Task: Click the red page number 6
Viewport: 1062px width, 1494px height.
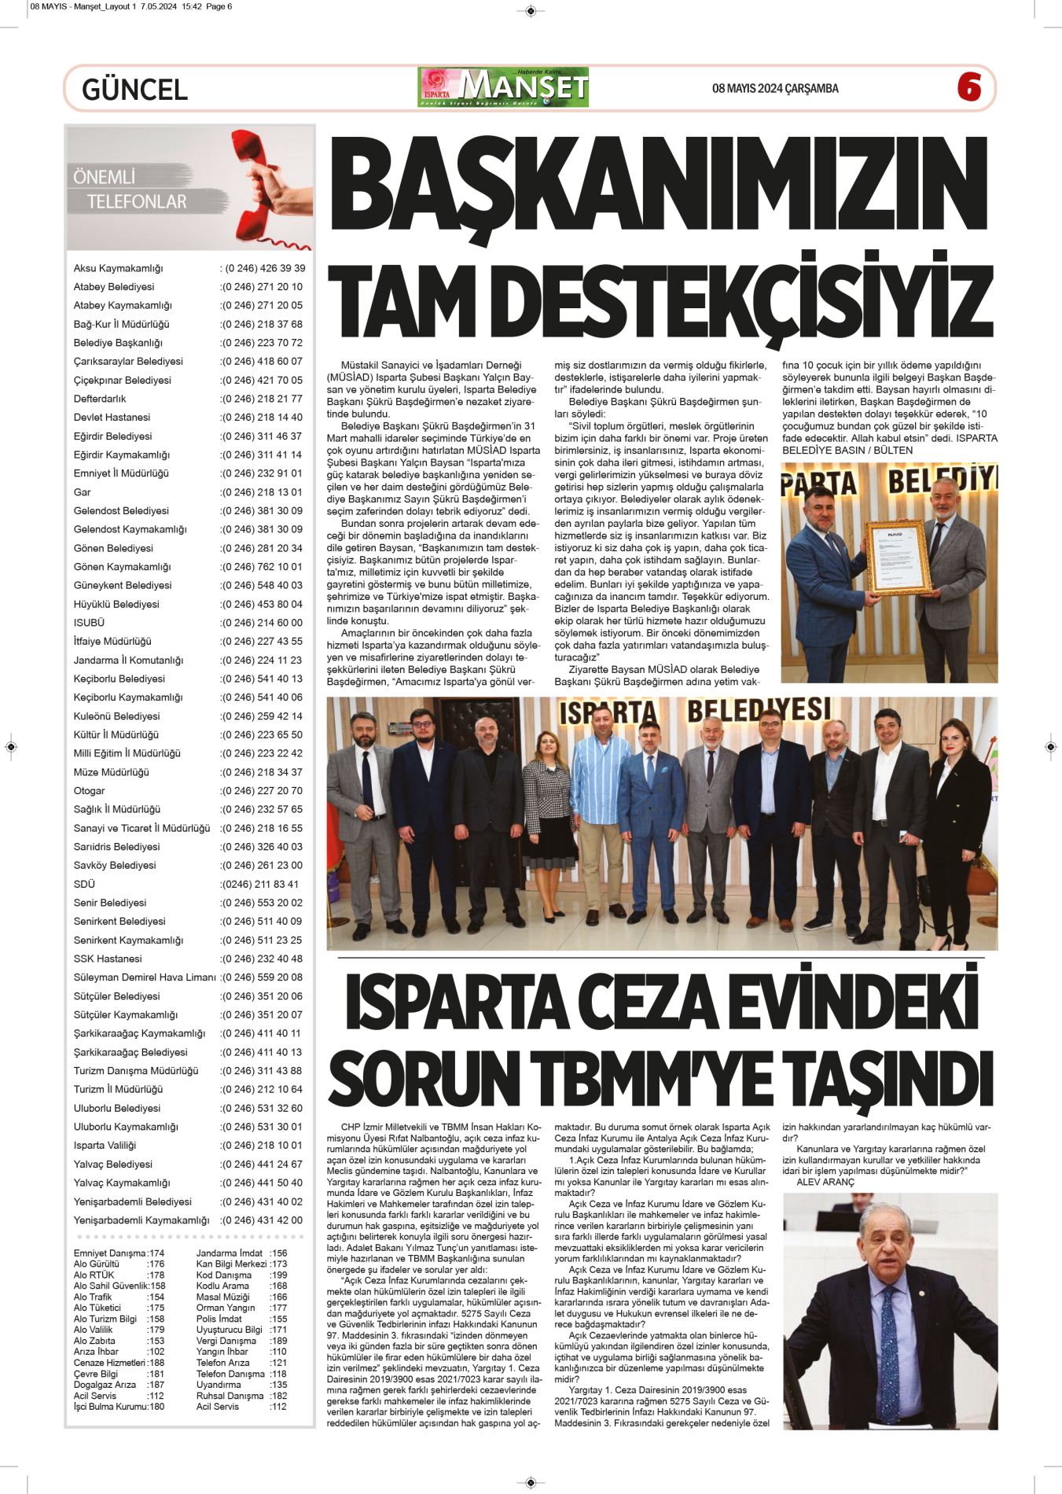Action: coord(969,87)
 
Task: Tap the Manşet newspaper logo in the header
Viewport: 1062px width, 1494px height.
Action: coord(503,87)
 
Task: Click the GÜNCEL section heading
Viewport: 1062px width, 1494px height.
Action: coord(134,90)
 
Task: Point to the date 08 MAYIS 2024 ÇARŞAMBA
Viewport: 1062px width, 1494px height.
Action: coord(775,89)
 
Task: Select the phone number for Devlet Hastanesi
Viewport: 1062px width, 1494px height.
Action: coord(262,418)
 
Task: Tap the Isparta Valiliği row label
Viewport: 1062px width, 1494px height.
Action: coord(105,1146)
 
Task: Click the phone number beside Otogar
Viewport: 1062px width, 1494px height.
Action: coord(262,791)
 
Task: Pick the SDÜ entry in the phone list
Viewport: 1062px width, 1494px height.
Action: coord(84,885)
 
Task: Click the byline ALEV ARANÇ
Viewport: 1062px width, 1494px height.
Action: coord(825,1182)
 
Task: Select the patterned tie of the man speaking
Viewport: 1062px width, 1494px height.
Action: coord(890,1336)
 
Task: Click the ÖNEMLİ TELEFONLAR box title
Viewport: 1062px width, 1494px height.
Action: coord(130,190)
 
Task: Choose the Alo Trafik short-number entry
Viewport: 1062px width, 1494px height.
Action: coord(93,1297)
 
